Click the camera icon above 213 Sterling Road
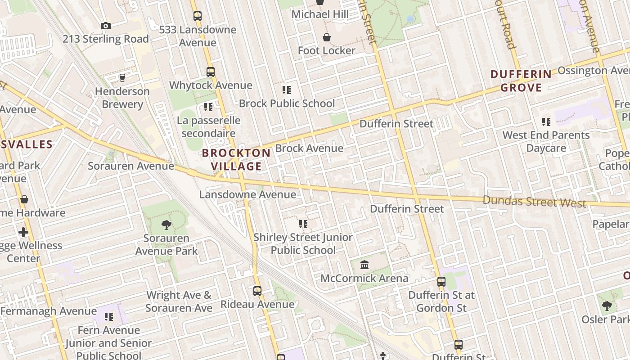coord(106,26)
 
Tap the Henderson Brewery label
coord(122,98)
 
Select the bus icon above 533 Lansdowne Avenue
coord(198,16)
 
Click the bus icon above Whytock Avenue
coord(210,72)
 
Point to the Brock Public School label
coord(287,103)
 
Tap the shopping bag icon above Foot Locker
coord(327,37)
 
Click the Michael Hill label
coord(320,14)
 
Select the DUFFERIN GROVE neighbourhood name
coord(521,81)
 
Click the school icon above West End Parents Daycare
coord(546,121)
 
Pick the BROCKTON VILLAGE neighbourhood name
coord(236,159)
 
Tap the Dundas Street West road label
coord(534,201)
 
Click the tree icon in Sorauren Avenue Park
coord(166,225)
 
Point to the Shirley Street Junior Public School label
coord(303,243)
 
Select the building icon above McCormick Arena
coord(364,265)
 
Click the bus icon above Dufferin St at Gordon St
coord(441,282)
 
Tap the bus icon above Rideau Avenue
coord(257,291)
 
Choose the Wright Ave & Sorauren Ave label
coord(179,301)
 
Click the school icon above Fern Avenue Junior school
coord(108,316)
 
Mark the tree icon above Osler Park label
coord(607,306)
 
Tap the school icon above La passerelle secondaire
coord(208,107)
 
